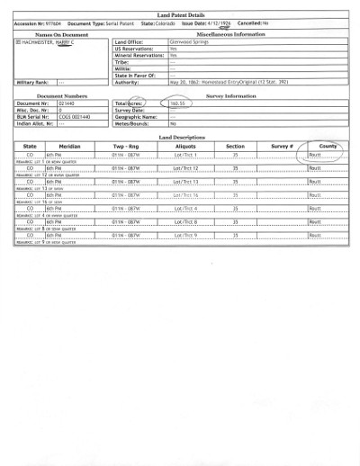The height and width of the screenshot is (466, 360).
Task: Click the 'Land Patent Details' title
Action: (180, 16)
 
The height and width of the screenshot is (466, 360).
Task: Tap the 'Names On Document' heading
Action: (55, 33)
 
